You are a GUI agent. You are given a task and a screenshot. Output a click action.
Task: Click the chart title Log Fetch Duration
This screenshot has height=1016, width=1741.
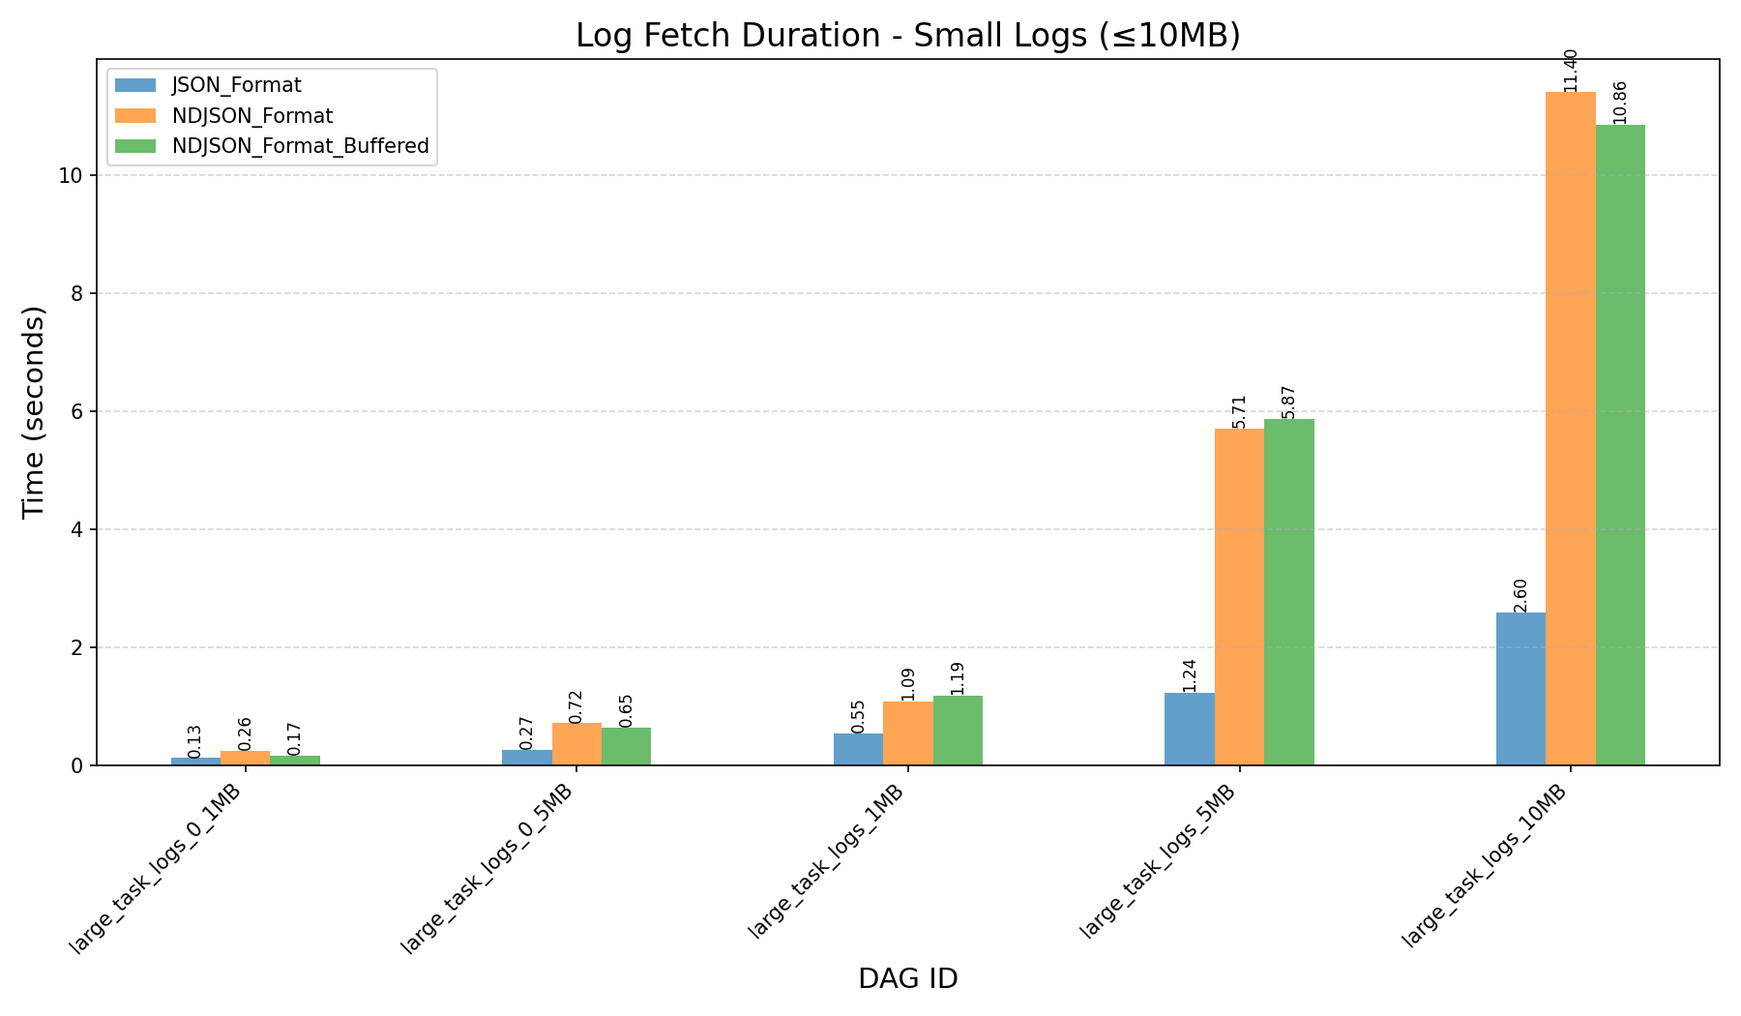(x=907, y=36)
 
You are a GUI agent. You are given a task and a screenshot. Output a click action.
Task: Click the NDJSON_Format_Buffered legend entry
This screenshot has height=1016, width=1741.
(x=300, y=146)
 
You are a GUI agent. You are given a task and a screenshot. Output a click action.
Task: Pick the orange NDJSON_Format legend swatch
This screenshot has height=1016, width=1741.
(x=133, y=116)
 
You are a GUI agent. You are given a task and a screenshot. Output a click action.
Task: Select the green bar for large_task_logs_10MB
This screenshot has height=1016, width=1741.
(x=1620, y=445)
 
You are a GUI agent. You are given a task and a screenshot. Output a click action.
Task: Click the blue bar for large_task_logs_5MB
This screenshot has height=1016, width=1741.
(x=1190, y=729)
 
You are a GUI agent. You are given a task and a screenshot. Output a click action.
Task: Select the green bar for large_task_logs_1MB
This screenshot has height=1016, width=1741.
(x=958, y=731)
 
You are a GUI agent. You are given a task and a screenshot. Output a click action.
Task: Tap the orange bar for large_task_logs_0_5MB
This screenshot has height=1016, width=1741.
(x=576, y=744)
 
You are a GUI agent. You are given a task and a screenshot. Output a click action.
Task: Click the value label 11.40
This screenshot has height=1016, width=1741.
(x=1571, y=70)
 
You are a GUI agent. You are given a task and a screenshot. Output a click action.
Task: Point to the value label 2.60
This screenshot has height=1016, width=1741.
(x=1520, y=595)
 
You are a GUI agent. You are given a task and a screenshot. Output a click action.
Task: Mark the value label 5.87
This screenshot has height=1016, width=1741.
(x=1289, y=403)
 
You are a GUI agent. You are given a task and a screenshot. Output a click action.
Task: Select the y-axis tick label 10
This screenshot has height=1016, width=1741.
(x=74, y=175)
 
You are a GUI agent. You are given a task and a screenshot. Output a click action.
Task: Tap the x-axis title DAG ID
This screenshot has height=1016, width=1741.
(x=907, y=979)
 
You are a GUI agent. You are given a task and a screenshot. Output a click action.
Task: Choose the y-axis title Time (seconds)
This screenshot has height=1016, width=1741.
(x=34, y=411)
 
